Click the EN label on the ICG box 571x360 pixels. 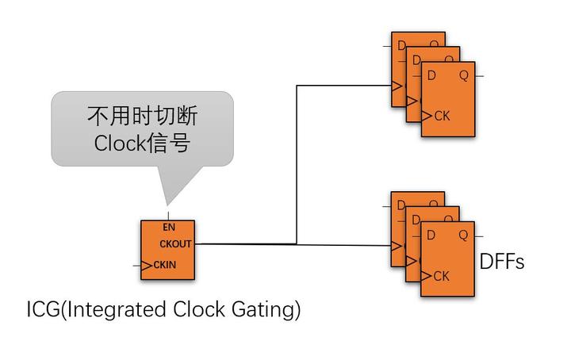pyautogui.click(x=168, y=228)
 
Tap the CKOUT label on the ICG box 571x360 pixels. pyautogui.click(x=175, y=244)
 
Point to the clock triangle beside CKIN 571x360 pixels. pyautogui.click(x=146, y=264)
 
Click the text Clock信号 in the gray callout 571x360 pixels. pyautogui.click(x=142, y=144)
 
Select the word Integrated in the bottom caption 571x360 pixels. pyautogui.click(x=121, y=309)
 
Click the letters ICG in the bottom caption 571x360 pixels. pyautogui.click(x=41, y=309)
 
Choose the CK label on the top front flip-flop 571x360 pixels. pyautogui.click(x=442, y=117)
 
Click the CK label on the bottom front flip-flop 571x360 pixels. pyautogui.click(x=442, y=276)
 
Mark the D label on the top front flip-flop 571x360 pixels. pyautogui.click(x=431, y=76)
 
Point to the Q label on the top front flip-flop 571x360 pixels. pyautogui.click(x=463, y=76)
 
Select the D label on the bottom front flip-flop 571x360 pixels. pyautogui.click(x=431, y=236)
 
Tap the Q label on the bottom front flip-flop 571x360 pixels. pyautogui.click(x=463, y=236)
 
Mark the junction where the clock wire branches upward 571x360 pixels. pyautogui.click(x=297, y=243)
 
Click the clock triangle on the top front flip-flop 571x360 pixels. pyautogui.click(x=427, y=117)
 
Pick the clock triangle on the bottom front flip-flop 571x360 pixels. pyautogui.click(x=427, y=276)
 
